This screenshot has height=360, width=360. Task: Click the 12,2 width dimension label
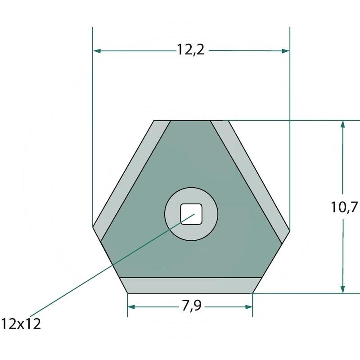(x=190, y=49)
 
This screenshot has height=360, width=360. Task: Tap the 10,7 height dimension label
(x=344, y=207)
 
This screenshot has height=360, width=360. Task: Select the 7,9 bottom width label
(x=192, y=306)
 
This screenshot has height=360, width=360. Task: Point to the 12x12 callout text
(x=21, y=324)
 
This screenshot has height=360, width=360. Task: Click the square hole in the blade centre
(x=191, y=214)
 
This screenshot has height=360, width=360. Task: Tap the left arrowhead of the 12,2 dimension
(x=97, y=51)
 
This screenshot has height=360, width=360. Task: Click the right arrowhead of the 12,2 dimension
(x=285, y=51)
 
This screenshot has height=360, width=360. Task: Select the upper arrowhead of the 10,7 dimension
(x=342, y=124)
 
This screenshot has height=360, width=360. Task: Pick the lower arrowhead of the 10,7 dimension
(x=342, y=289)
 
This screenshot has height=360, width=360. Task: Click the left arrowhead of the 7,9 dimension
(x=131, y=307)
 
